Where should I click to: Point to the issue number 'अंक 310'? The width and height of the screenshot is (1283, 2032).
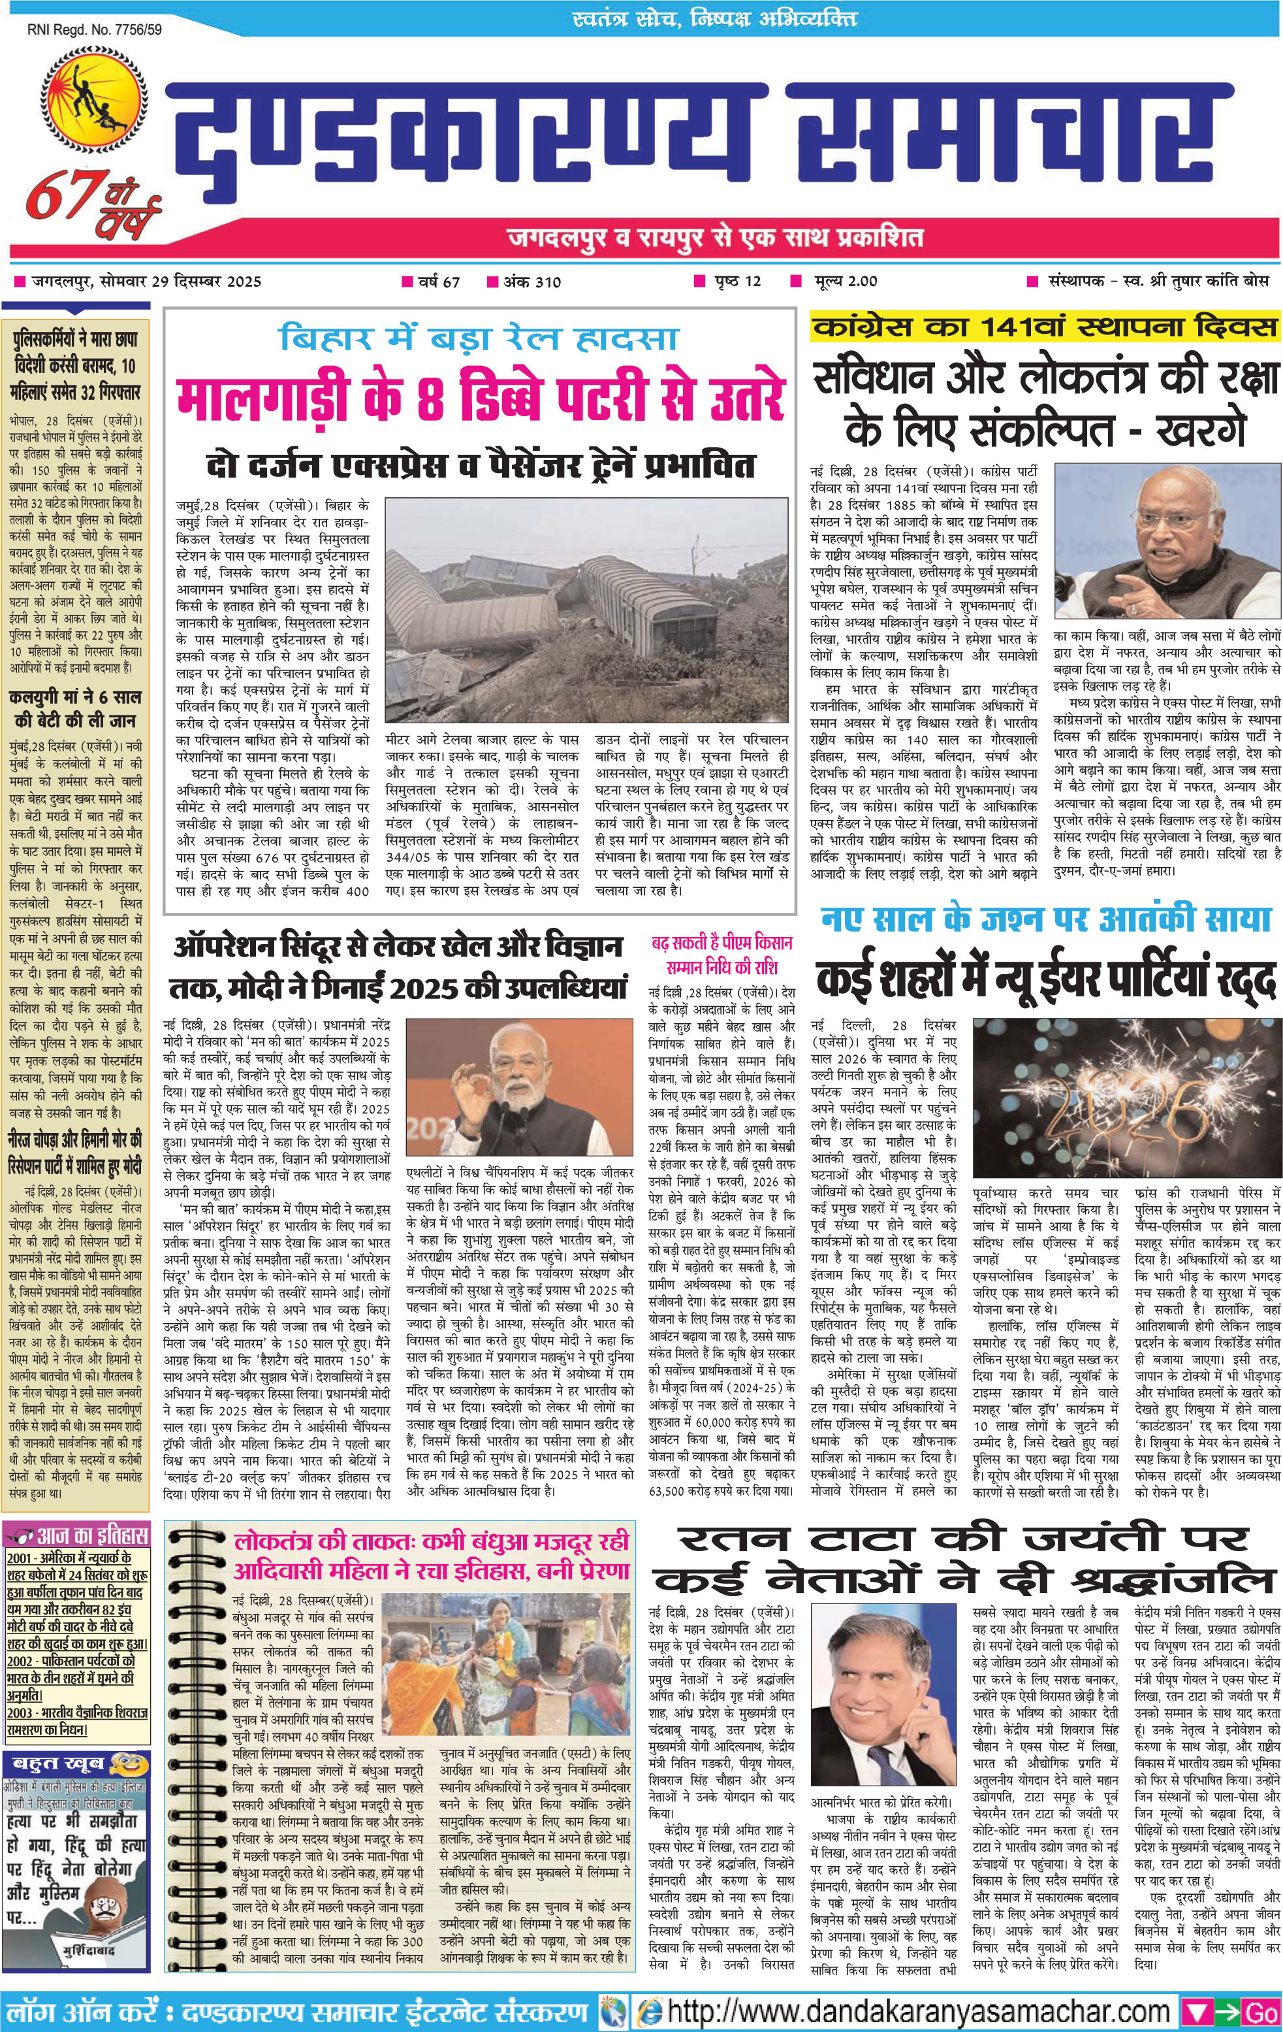[531, 281]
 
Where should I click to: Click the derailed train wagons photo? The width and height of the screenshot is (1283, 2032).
[586, 608]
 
